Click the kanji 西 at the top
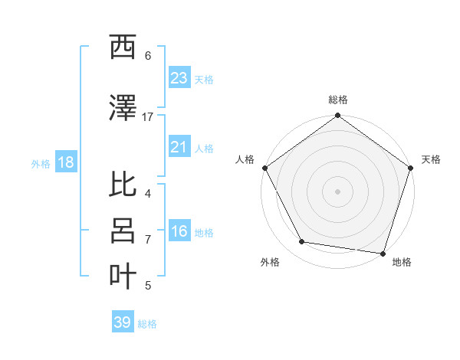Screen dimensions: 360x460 [x=123, y=47]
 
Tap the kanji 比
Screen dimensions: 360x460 [x=123, y=184]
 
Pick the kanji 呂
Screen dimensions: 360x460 [x=123, y=231]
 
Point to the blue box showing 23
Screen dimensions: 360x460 [x=179, y=78]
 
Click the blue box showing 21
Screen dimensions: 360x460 [x=179, y=147]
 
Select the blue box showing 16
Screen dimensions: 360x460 [x=179, y=231]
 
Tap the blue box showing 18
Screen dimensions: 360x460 [x=65, y=162]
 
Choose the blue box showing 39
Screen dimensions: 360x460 [x=123, y=322]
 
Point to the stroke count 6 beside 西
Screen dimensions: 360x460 [x=148, y=55]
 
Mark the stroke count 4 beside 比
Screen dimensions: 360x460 [x=148, y=193]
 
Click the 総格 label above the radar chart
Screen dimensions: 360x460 [x=337, y=100]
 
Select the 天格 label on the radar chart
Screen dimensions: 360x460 [x=432, y=159]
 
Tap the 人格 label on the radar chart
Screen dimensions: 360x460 [x=245, y=159]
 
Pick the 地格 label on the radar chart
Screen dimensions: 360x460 [x=402, y=262]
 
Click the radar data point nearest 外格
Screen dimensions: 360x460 [x=302, y=242]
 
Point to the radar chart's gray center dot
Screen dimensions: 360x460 [x=337, y=191]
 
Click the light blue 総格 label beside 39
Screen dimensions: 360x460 [x=147, y=324]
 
